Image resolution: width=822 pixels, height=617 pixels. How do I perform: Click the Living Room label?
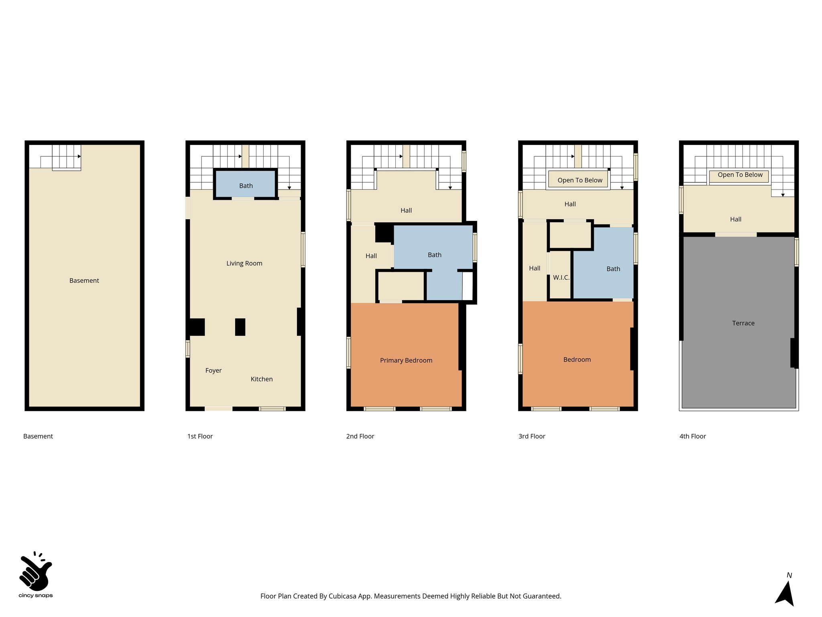pyautogui.click(x=244, y=264)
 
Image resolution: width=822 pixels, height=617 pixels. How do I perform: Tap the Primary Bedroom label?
pyautogui.click(x=406, y=360)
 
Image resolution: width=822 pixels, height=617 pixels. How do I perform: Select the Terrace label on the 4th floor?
pyautogui.click(x=743, y=323)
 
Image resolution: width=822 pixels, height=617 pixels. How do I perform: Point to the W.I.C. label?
pyautogui.click(x=561, y=278)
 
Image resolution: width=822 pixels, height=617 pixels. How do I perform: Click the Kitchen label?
pyautogui.click(x=261, y=379)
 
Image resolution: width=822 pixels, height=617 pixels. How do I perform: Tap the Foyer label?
pyautogui.click(x=213, y=370)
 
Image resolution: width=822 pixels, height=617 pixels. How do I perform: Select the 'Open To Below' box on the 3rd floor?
pyautogui.click(x=579, y=180)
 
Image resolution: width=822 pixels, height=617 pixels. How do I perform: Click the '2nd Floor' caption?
pyautogui.click(x=360, y=436)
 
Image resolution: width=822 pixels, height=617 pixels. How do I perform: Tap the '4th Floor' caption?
pyautogui.click(x=692, y=436)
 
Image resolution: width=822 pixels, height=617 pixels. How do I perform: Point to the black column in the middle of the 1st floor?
pyautogui.click(x=240, y=327)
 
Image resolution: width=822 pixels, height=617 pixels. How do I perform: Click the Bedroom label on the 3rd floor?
pyautogui.click(x=577, y=360)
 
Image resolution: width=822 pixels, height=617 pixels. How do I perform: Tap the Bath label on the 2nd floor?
pyautogui.click(x=434, y=255)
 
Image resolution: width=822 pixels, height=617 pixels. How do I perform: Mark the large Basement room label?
pyautogui.click(x=84, y=280)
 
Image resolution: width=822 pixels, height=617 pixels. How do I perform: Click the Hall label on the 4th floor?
pyautogui.click(x=735, y=219)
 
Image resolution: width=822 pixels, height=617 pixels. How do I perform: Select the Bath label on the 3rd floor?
pyautogui.click(x=613, y=269)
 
